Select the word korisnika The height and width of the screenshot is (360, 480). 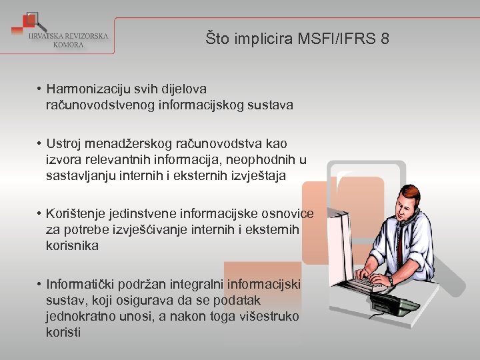coord(72,246)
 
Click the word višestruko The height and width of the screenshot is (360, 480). coord(265,316)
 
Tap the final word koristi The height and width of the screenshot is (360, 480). coord(63,332)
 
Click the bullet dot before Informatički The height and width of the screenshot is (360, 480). coord(41,285)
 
